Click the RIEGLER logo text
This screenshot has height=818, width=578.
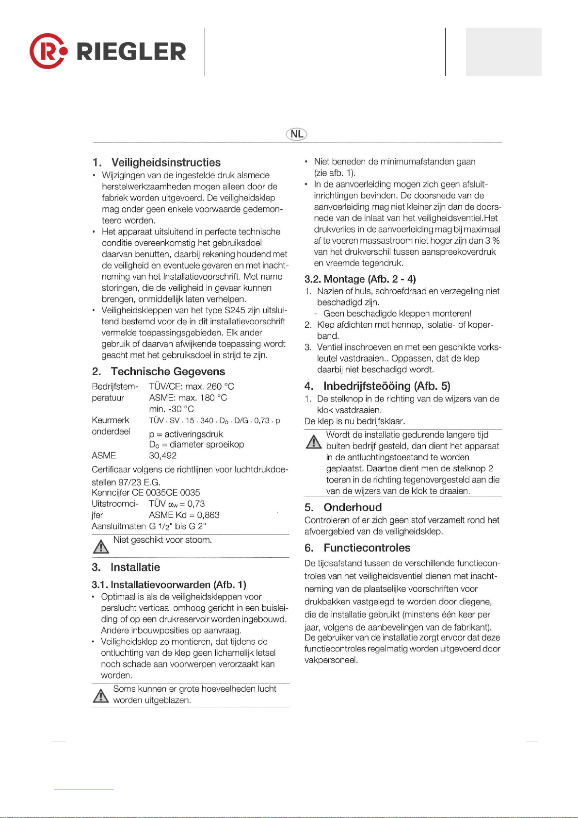coord(131,51)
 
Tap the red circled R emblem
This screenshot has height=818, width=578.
coord(46,51)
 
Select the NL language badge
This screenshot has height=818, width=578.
coord(297,134)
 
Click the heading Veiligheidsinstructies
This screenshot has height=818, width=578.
coord(166,163)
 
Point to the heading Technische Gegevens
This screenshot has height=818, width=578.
coord(168,372)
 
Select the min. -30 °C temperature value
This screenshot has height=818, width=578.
coord(171,409)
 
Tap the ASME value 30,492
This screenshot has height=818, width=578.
coord(162,455)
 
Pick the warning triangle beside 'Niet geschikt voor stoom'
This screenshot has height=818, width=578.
coord(100,547)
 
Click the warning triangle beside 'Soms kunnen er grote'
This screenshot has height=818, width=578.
coord(100,696)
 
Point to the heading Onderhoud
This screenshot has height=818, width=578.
coord(353,507)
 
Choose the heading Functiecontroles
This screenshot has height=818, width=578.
coord(367,548)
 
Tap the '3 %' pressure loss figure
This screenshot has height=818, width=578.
coord(493,241)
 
